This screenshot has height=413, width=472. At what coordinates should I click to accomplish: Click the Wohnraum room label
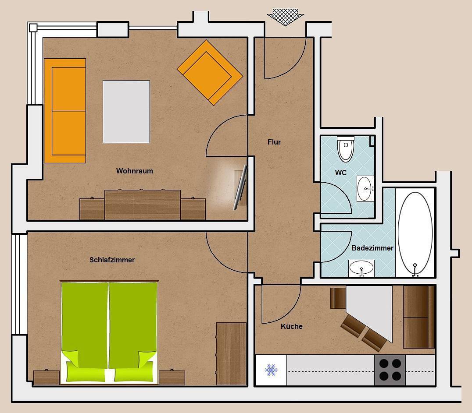pos(135,171)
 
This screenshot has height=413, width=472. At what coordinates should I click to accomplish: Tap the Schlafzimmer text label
pos(112,260)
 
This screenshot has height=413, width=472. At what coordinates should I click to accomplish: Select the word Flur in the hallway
pos(274,142)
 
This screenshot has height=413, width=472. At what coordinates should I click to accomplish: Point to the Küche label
pos(291,326)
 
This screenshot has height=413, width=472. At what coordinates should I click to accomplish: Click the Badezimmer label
pos(372,248)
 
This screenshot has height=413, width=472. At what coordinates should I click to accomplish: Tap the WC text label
pos(341,173)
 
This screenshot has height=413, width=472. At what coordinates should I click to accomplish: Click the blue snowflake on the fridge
pos(271,370)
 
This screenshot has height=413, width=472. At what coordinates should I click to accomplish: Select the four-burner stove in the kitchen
pos(390,370)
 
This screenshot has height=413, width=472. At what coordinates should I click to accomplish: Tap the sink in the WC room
pos(365,188)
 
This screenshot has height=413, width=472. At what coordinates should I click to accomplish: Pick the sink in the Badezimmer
pos(361,268)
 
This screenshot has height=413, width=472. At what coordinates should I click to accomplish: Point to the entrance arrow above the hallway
pos(285,17)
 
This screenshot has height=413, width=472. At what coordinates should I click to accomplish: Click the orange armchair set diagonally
pos(210,72)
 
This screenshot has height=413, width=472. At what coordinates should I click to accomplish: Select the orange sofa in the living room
pos(65,111)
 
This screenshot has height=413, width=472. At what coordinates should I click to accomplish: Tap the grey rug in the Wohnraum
pos(126,112)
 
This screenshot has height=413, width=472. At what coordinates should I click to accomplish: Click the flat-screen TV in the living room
pos(240,187)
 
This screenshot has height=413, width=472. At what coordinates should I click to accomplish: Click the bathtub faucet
pos(415,270)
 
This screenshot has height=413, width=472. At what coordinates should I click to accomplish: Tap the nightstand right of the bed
pos(172,378)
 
